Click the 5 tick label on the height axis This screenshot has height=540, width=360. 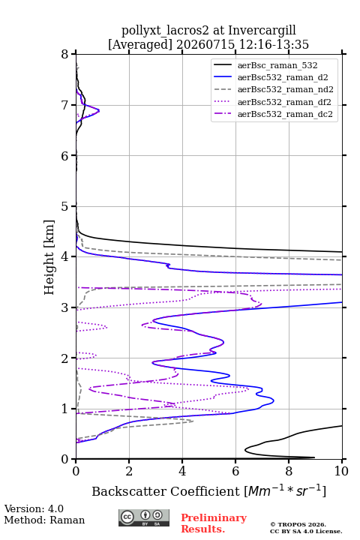point(65,206)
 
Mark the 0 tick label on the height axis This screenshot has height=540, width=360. point(65,459)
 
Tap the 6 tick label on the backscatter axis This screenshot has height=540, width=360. point(235,471)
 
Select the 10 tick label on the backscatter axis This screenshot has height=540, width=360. point(341,471)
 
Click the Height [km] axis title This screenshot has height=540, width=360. point(49,257)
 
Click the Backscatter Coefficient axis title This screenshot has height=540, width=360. point(208,490)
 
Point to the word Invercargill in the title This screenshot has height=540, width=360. point(262,31)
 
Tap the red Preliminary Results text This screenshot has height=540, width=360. point(214,523)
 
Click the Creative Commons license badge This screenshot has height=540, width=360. point(144,517)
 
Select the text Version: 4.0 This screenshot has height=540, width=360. point(34,508)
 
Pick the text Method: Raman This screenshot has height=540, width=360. point(44,520)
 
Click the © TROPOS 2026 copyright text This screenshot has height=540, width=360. point(298,524)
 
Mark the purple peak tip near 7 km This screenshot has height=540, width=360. point(99,110)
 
